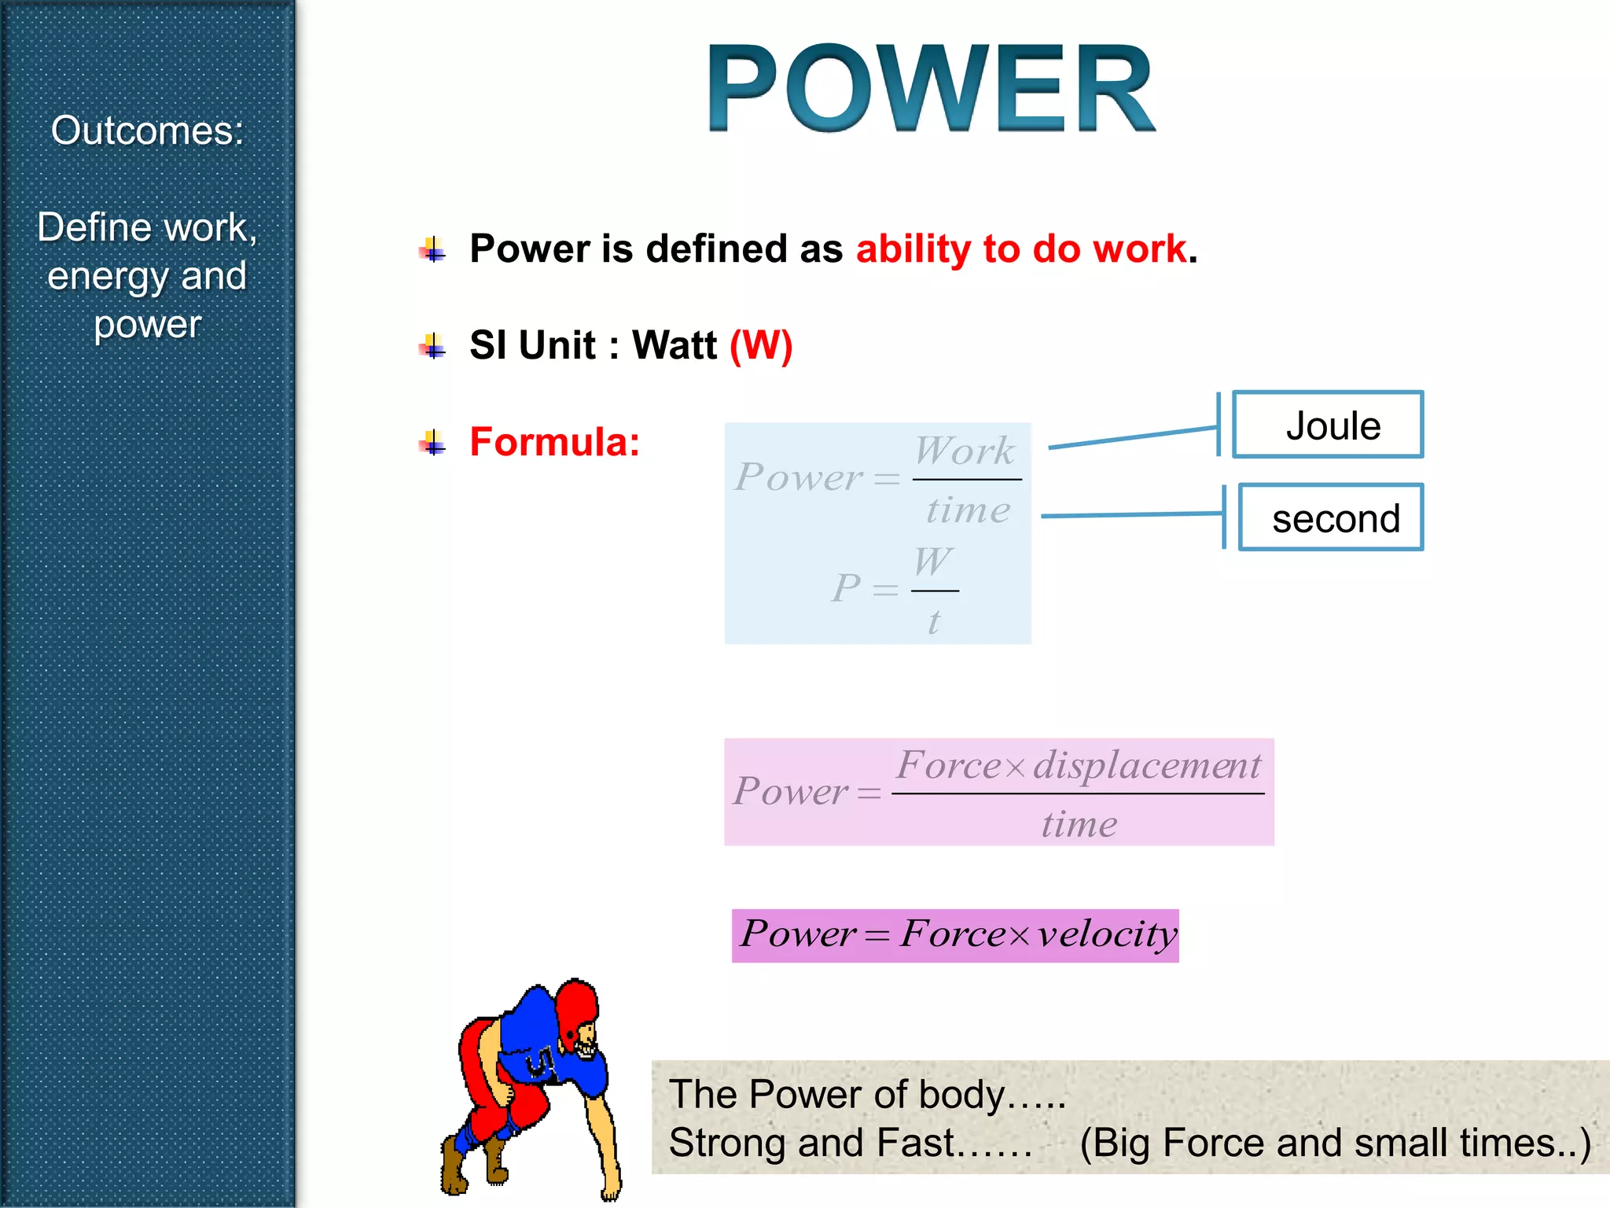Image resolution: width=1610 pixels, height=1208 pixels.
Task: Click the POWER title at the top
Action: (x=932, y=88)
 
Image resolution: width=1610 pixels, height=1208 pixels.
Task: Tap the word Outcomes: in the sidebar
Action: (x=147, y=131)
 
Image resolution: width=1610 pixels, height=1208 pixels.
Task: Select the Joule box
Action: (x=1328, y=425)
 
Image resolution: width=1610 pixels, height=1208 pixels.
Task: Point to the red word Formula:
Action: (x=554, y=441)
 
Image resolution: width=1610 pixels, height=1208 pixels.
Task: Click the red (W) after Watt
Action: (x=760, y=345)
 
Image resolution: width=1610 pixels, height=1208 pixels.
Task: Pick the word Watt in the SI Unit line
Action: (x=675, y=345)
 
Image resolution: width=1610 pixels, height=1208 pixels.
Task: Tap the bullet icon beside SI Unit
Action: (x=432, y=345)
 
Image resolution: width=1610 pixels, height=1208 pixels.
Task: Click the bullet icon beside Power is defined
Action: (x=432, y=249)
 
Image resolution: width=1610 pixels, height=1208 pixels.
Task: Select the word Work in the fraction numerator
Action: (x=965, y=451)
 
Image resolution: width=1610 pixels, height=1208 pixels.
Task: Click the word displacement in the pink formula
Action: (x=1147, y=765)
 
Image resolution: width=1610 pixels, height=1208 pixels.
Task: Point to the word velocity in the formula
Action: (x=1107, y=934)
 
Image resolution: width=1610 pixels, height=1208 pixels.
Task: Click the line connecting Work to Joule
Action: (x=1132, y=437)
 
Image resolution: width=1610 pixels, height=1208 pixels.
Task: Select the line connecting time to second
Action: (x=1132, y=515)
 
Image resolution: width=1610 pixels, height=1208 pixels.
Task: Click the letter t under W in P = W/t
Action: (x=934, y=622)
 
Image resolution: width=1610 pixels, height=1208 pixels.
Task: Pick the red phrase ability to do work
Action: (x=1021, y=249)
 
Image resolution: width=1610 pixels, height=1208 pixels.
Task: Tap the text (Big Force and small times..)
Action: (x=1335, y=1143)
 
